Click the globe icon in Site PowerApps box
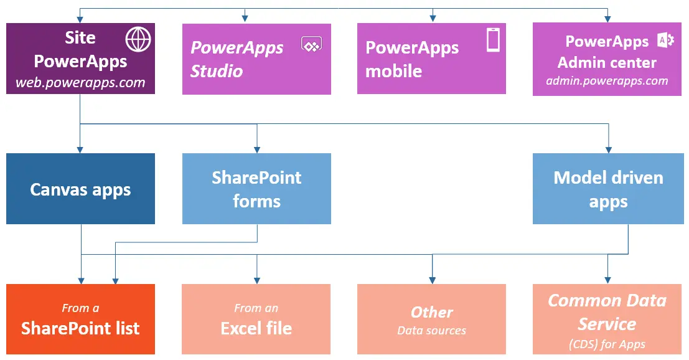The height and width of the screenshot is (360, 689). point(138,39)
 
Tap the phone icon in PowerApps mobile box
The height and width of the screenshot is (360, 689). point(493,40)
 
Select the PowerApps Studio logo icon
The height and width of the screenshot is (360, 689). point(311,44)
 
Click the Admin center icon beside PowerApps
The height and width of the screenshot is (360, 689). point(665,40)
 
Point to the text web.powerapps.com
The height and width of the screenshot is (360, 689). point(80,82)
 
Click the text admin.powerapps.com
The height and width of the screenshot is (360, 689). point(607,81)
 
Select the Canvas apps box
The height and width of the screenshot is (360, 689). point(80,189)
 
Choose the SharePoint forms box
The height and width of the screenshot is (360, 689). point(256,189)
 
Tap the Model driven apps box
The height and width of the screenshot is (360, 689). point(608,189)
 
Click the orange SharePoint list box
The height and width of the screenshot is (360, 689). point(80,319)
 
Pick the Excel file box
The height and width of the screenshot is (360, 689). point(256,319)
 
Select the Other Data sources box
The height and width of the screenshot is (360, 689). point(431,319)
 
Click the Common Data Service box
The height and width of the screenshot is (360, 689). point(607,319)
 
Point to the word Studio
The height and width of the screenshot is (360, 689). point(217,71)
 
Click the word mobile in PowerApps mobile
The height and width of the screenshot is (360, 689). point(393,71)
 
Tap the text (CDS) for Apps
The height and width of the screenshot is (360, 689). point(607,344)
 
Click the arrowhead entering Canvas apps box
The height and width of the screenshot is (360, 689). point(80,149)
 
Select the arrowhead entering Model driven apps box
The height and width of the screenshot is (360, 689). point(608,149)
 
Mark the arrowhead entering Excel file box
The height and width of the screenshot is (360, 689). point(256,280)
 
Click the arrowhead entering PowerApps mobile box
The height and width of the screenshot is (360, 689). point(432,19)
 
